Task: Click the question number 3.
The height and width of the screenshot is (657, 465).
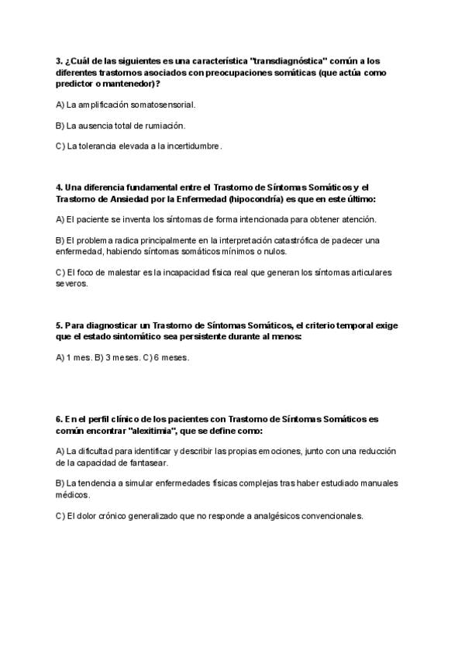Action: (59, 60)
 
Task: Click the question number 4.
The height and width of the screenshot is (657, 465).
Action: (59, 187)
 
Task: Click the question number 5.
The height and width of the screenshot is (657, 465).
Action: (59, 326)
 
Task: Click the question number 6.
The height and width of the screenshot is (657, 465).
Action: (59, 419)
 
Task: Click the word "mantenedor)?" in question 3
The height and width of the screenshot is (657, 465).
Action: (129, 83)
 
